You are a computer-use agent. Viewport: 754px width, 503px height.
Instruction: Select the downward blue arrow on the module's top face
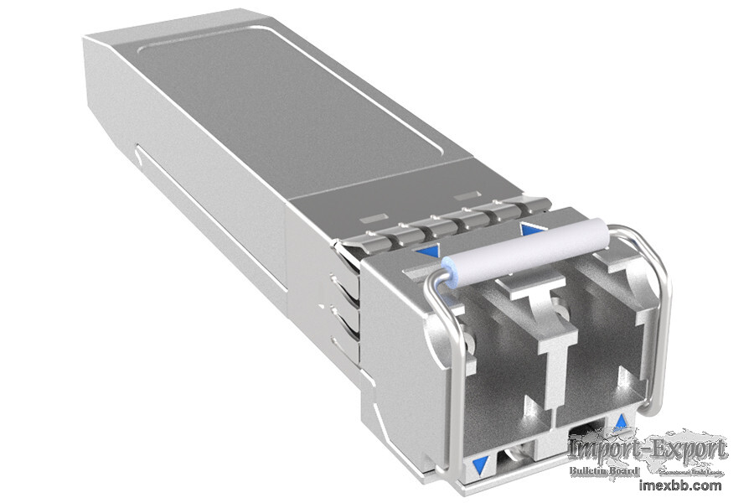tap(429, 250)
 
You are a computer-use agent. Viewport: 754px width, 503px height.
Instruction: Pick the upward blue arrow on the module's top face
tap(529, 227)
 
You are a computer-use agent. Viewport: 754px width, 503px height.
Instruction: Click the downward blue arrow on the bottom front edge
tap(480, 464)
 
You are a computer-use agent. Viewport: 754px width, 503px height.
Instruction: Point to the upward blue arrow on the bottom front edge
tap(621, 421)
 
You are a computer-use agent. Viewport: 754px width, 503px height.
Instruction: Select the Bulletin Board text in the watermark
tap(604, 471)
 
